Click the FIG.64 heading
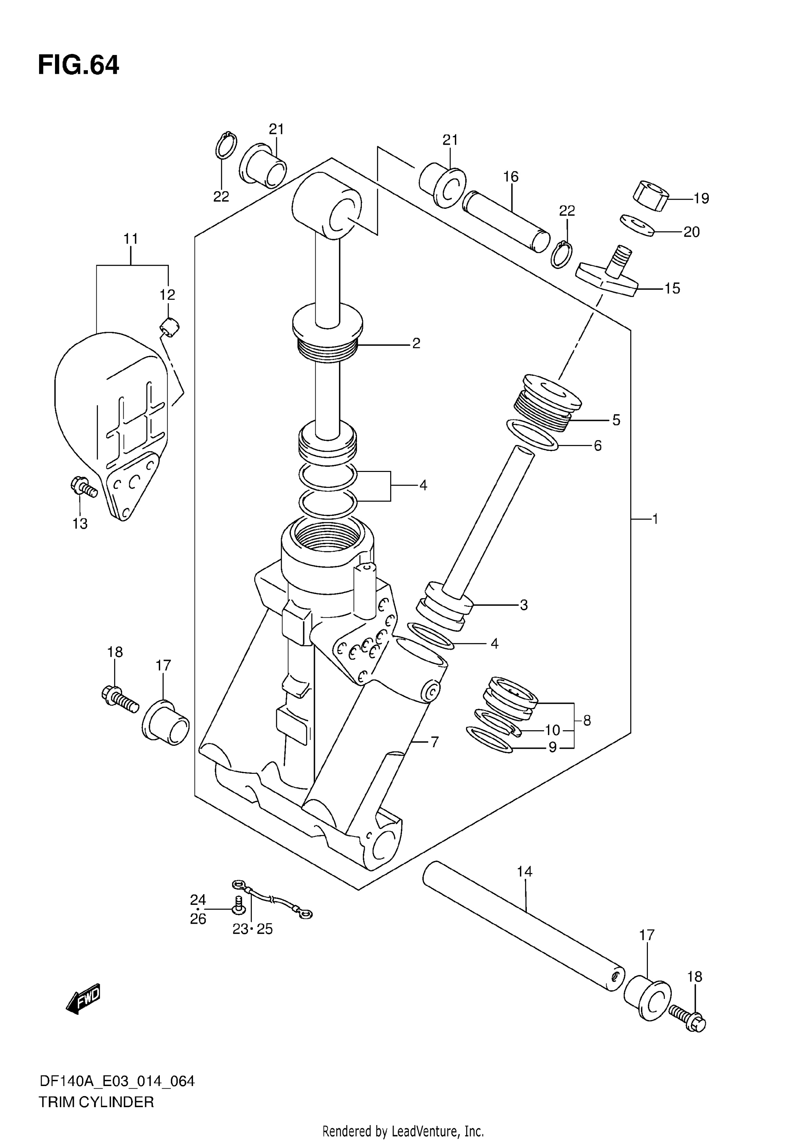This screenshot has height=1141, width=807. coord(78,65)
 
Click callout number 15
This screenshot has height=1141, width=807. coord(672,288)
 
